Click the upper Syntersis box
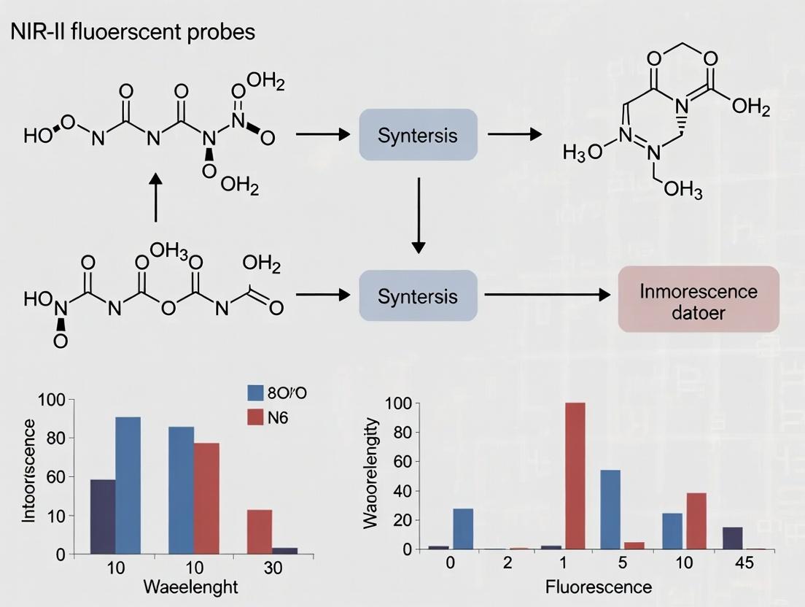[x=418, y=135]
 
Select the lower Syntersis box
[x=418, y=295]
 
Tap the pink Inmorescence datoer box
[x=699, y=299]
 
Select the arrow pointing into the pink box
[x=547, y=295]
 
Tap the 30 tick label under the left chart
[x=273, y=568]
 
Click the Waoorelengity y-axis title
[x=371, y=473]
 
